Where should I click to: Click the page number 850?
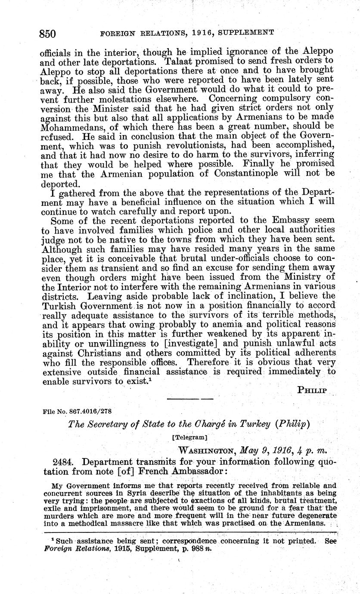click(x=48, y=33)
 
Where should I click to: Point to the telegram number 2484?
click(x=65, y=461)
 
